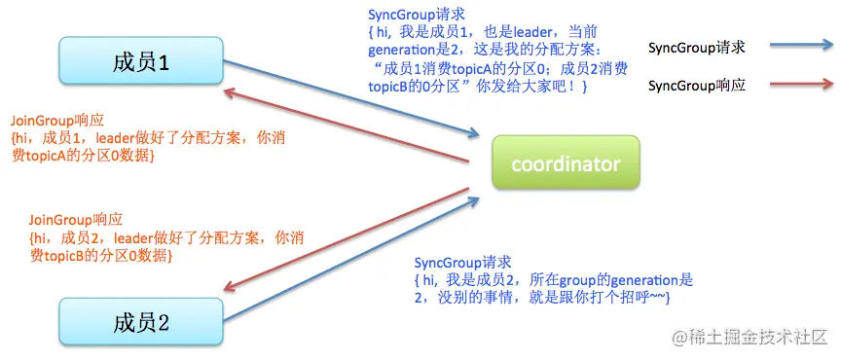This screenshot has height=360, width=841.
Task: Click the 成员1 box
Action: [141, 60]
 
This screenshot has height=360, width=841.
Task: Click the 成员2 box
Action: [141, 322]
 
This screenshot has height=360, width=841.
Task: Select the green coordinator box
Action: [566, 163]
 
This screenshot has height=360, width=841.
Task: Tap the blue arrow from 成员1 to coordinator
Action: [351, 98]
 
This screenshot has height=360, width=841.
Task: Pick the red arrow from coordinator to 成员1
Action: [346, 126]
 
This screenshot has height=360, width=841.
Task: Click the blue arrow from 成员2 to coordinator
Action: [351, 259]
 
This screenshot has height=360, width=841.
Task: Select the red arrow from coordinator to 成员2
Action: [346, 239]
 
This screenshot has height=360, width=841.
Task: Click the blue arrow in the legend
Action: [802, 46]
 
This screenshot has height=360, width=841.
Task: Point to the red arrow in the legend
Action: [802, 85]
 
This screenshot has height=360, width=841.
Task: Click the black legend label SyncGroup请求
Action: [697, 48]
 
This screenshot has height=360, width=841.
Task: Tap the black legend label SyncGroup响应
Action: [697, 86]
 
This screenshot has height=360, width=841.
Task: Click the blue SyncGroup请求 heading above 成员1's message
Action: [417, 15]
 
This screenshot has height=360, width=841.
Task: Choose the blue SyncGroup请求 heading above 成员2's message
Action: [463, 263]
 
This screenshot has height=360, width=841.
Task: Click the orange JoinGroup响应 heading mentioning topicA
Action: [57, 121]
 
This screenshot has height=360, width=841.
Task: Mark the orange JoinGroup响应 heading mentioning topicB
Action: [76, 220]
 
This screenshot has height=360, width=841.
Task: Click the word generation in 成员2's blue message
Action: [636, 280]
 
